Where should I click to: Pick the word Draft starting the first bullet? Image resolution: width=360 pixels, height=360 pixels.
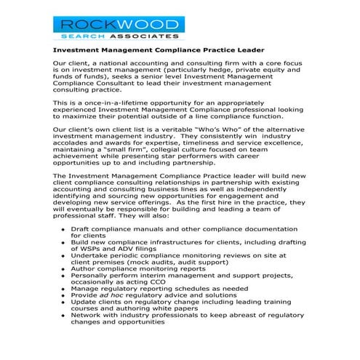81,249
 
